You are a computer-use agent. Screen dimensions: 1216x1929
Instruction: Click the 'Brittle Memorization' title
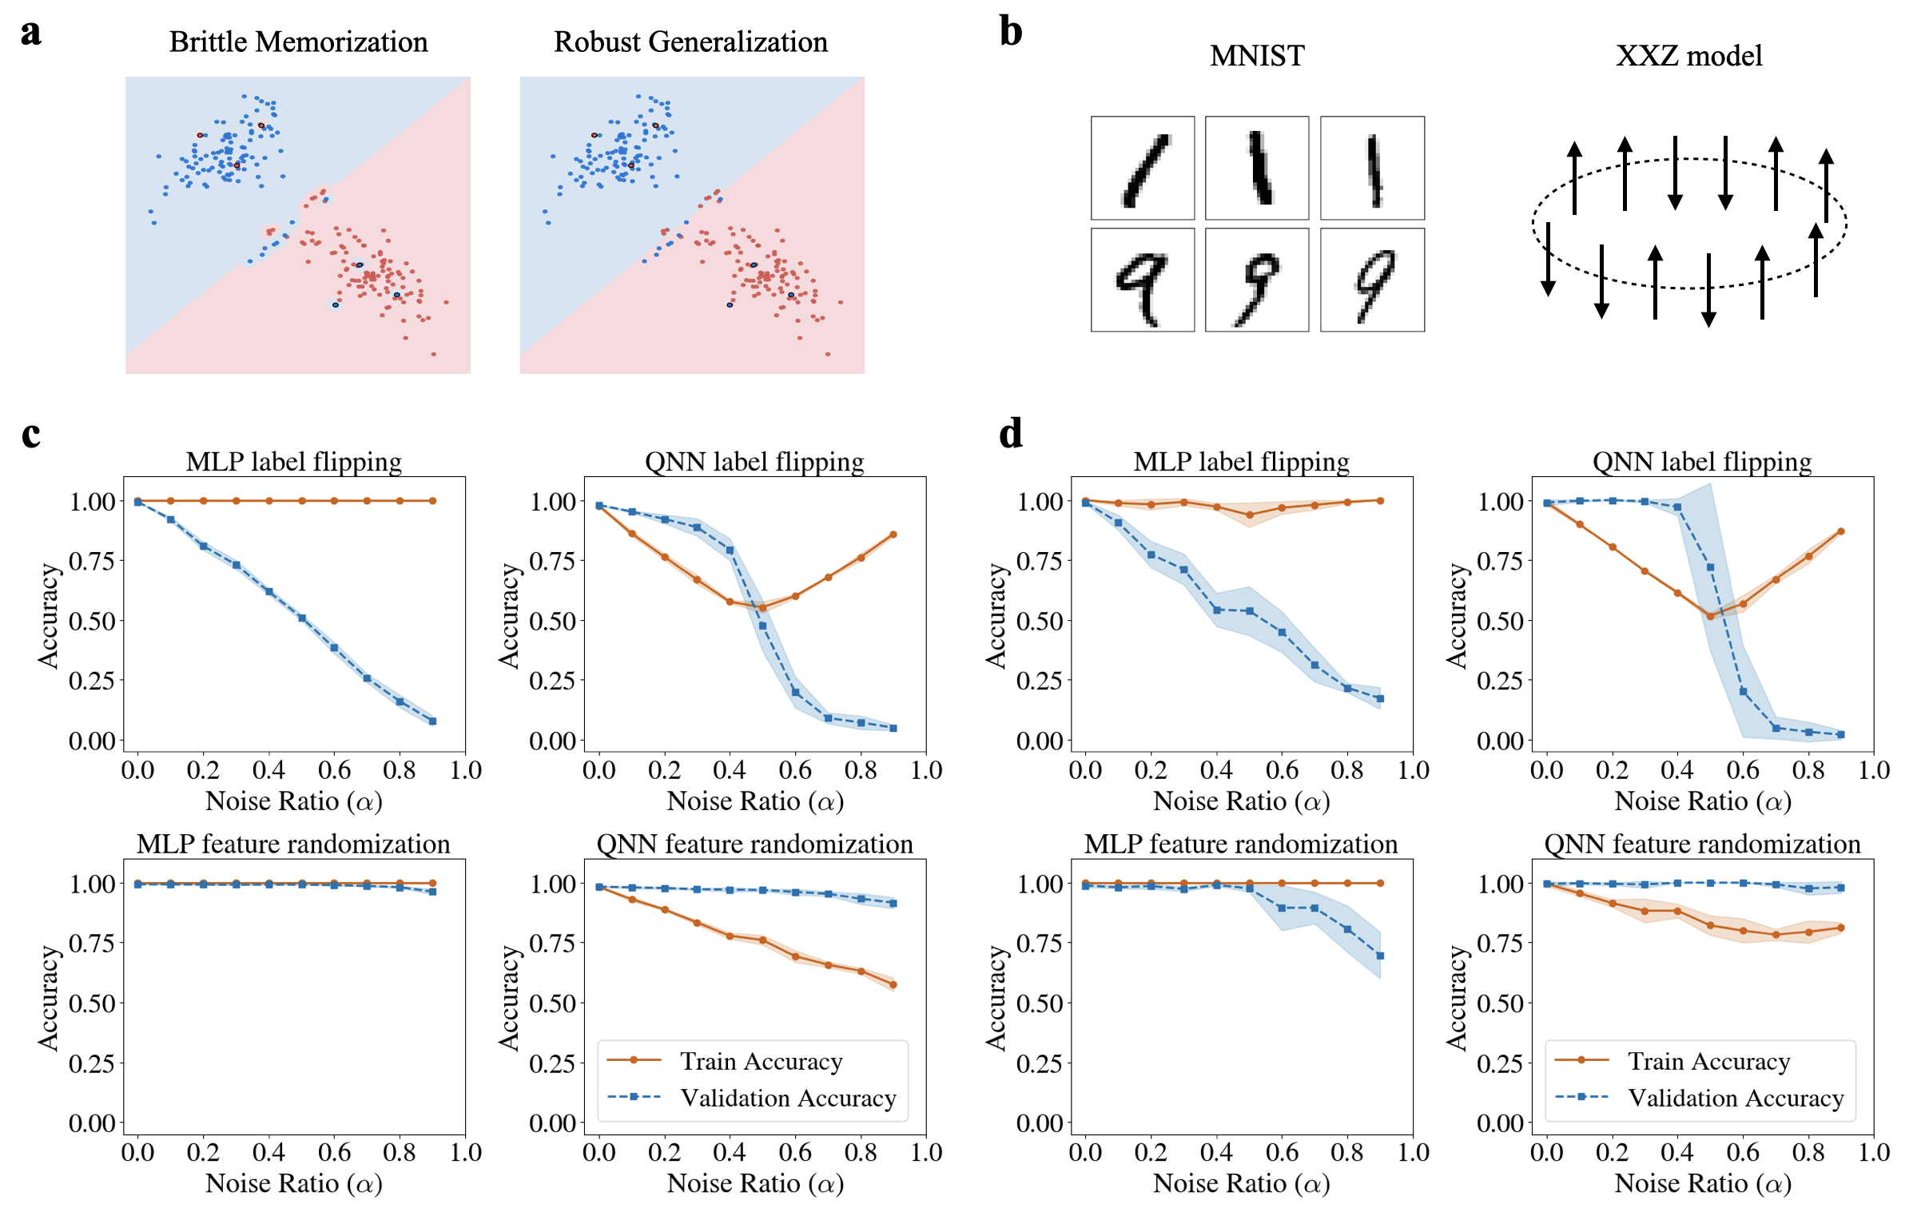pos(298,42)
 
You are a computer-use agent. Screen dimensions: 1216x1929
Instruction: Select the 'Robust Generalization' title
pos(690,42)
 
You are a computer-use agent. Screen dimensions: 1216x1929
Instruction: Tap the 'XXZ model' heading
pos(1688,55)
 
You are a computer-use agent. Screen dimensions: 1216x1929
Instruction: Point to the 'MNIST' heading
pos(1256,55)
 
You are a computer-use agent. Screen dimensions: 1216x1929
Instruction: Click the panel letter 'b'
pos(1011,32)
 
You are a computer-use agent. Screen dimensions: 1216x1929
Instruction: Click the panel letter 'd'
pos(1011,433)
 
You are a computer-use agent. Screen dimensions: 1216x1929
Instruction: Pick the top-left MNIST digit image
pos(1143,168)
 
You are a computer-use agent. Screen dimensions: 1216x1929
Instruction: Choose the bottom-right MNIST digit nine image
pos(1371,280)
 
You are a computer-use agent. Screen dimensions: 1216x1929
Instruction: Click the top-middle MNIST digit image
pos(1256,168)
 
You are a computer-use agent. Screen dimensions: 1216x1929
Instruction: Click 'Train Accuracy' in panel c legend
pos(761,1060)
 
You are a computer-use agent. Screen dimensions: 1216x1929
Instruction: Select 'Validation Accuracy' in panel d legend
pos(1736,1098)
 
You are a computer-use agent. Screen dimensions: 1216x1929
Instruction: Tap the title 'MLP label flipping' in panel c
pos(294,462)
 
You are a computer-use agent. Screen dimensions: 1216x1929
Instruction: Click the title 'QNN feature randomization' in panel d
pos(1702,844)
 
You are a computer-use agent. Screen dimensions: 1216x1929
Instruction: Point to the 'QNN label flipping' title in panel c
pos(754,462)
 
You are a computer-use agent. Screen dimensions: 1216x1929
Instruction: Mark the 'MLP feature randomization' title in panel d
pos(1241,844)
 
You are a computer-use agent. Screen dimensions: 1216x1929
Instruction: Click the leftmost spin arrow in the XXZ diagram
pos(1548,258)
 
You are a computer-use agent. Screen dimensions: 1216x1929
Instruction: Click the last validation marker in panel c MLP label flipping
pos(432,721)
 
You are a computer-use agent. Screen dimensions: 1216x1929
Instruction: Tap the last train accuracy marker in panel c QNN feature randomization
pos(893,984)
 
